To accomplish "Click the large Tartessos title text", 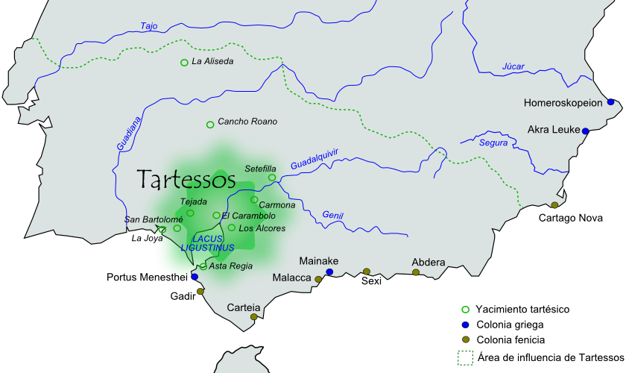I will coord(186,180).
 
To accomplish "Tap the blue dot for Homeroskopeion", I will coord(610,102).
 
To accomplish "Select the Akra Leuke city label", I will coord(554,129).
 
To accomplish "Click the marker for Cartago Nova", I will coord(554,205).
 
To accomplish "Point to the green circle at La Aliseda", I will coord(184,63).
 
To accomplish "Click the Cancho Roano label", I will coord(247,122).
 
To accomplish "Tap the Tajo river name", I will coord(149,26).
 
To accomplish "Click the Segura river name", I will coord(493,142).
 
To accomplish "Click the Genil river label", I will coord(332,215).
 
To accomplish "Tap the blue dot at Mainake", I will coord(329,272).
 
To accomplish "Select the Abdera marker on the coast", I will coord(416,272).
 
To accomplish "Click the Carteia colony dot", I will coord(254,317).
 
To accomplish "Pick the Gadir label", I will coord(183,296).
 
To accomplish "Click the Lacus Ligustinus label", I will coord(212,242).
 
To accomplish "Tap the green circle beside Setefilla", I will coord(272,178).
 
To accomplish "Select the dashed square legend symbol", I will coord(466,358).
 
